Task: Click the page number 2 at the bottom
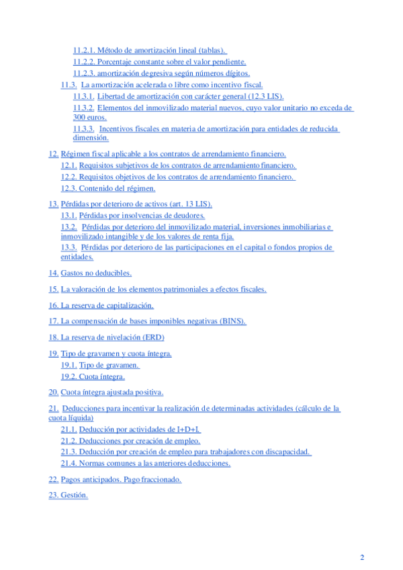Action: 362,557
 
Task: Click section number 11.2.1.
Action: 83,50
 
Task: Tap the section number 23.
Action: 53,495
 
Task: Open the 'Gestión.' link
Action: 75,495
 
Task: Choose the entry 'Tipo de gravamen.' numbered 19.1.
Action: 109,365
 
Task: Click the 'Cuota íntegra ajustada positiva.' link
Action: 112,392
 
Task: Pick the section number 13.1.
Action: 69,216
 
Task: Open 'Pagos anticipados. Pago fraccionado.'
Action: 121,479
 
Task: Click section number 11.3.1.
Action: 83,97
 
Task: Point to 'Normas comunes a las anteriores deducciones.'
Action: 155,463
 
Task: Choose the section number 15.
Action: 53,289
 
